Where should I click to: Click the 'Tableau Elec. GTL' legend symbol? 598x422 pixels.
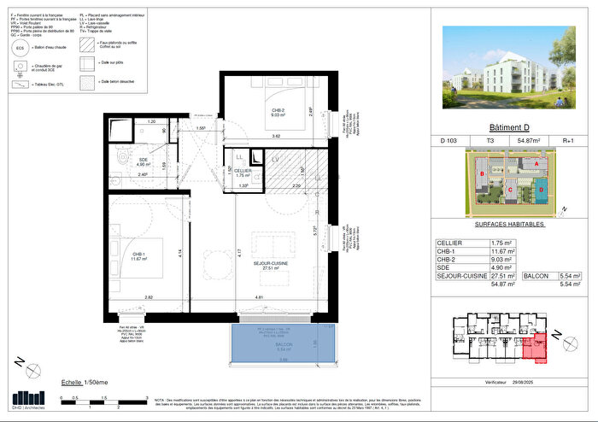pos(20,87)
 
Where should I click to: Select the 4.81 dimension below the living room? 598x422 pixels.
pos(258,296)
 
